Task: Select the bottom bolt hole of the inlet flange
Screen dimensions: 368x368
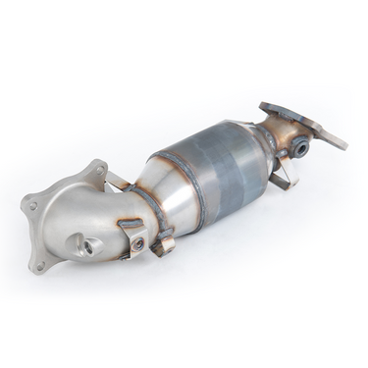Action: click(x=40, y=264)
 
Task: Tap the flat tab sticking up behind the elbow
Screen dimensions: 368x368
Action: click(x=118, y=180)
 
